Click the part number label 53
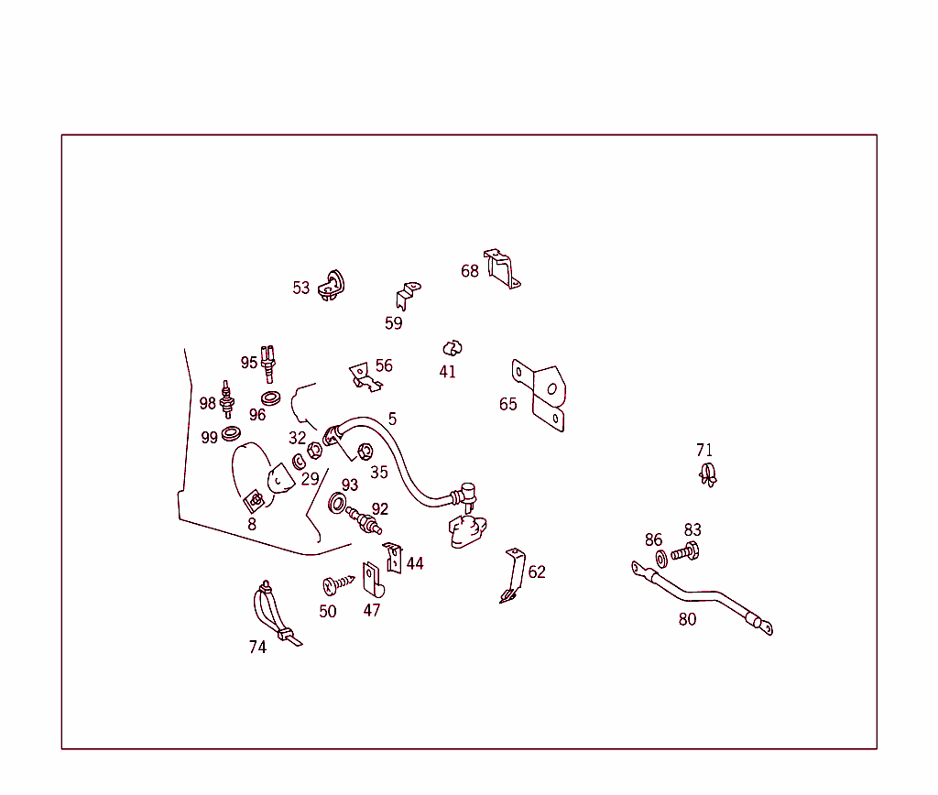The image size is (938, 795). pyautogui.click(x=300, y=288)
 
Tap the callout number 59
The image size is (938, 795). pyautogui.click(x=393, y=323)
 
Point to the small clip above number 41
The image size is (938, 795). pyautogui.click(x=453, y=348)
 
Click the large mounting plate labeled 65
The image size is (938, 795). pyautogui.click(x=539, y=394)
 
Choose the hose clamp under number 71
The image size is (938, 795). pyautogui.click(x=708, y=475)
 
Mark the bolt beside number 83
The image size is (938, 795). pyautogui.click(x=685, y=551)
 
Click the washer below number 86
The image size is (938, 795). pyautogui.click(x=661, y=559)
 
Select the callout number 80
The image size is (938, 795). pyautogui.click(x=687, y=619)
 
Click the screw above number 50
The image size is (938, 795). pyautogui.click(x=338, y=584)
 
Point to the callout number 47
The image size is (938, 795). pyautogui.click(x=372, y=610)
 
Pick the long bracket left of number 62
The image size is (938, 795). pyautogui.click(x=513, y=575)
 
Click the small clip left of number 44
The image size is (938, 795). pyautogui.click(x=392, y=558)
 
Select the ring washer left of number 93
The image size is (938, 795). pyautogui.click(x=337, y=503)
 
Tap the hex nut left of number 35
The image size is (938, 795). pyautogui.click(x=365, y=451)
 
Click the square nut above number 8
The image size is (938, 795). pyautogui.click(x=255, y=500)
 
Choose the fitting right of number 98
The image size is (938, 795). pyautogui.click(x=227, y=399)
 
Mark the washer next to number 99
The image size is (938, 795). pyautogui.click(x=231, y=433)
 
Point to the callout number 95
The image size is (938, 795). pyautogui.click(x=249, y=363)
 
